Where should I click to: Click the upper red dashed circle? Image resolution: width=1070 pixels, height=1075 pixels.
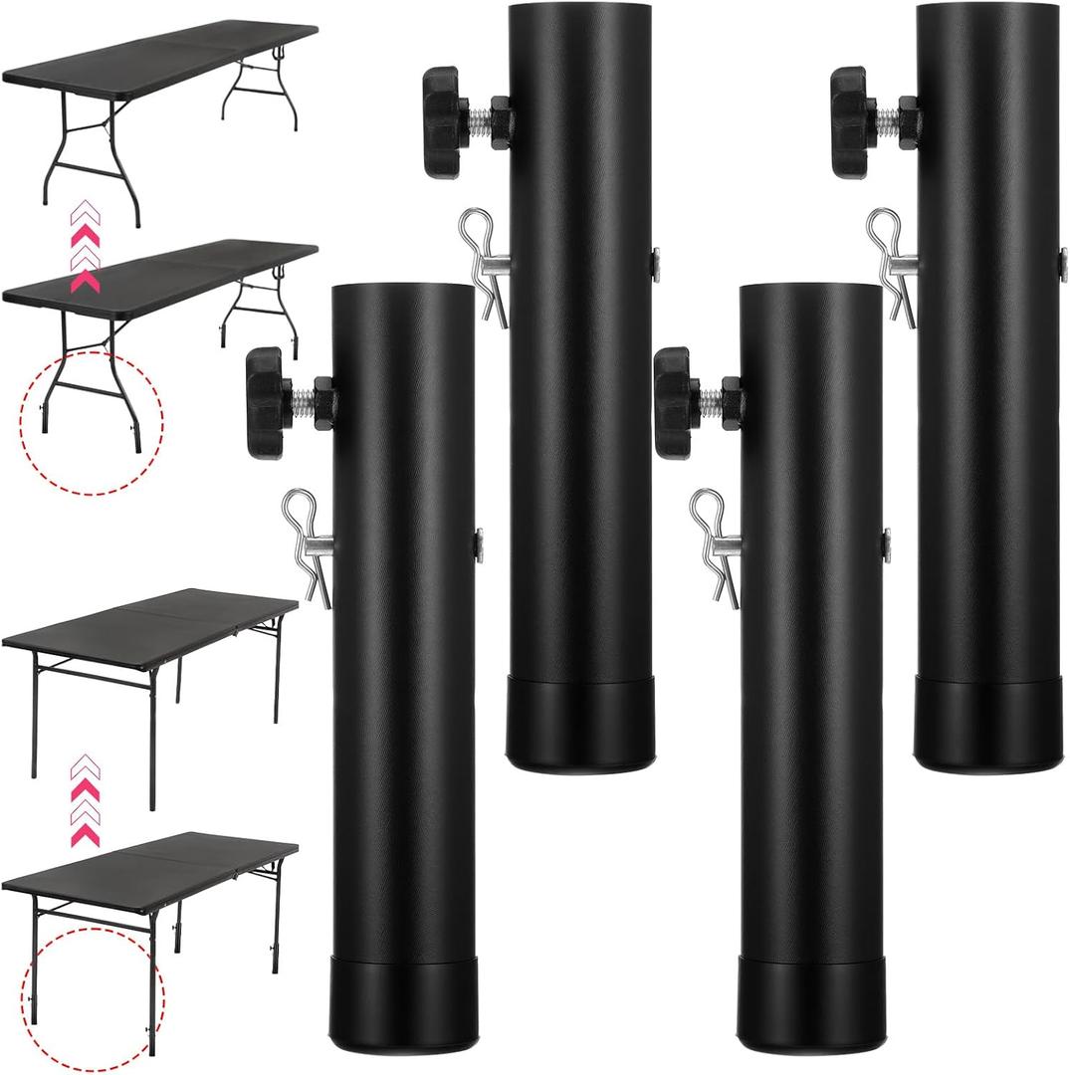click(x=92, y=422)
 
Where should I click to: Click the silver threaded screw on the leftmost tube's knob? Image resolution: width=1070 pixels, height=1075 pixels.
click(x=303, y=401)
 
